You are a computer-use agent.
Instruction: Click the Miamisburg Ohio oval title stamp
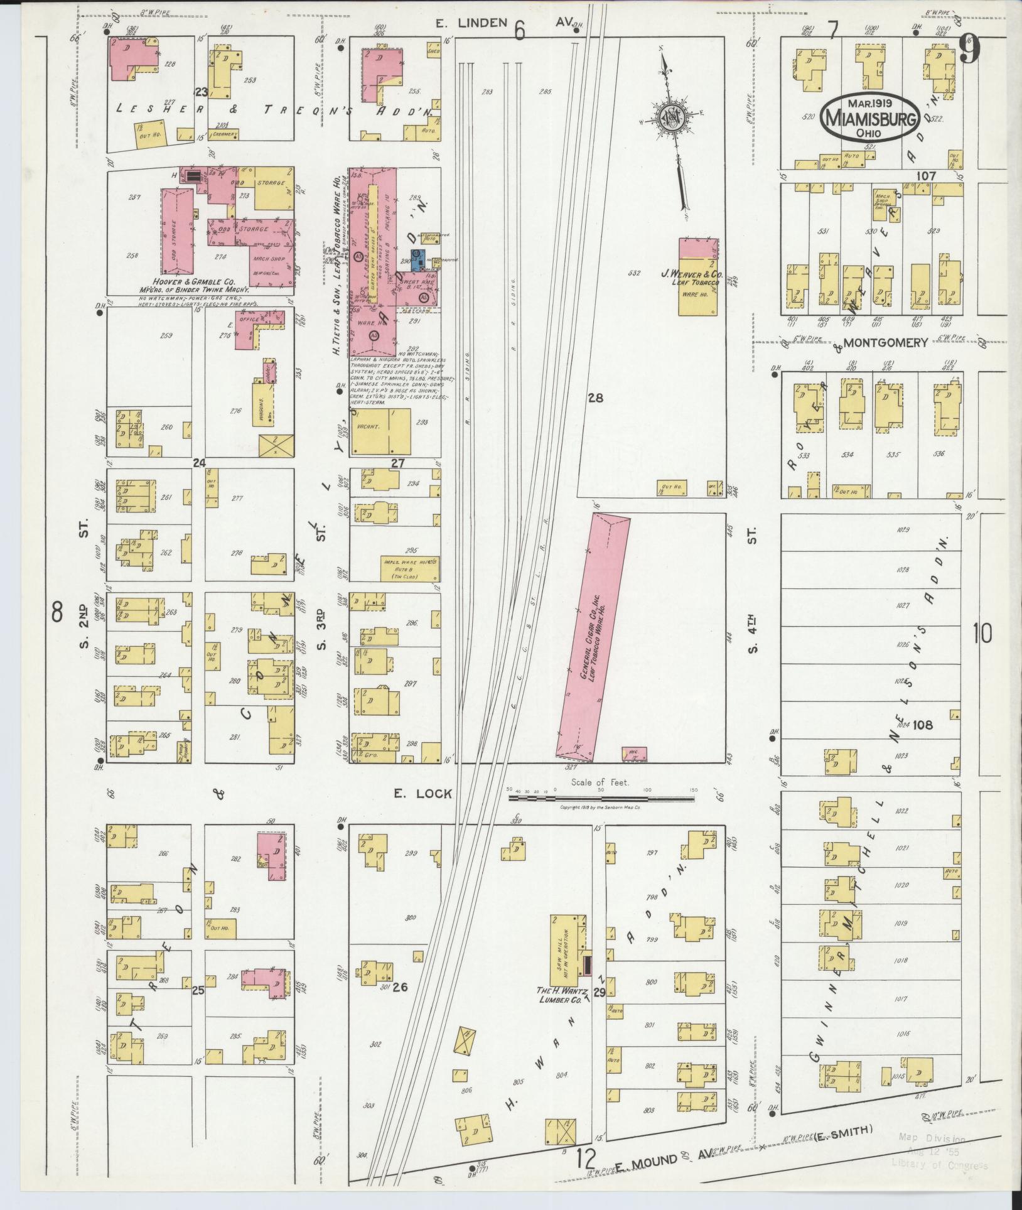[869, 118]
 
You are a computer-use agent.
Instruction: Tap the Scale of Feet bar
[601, 799]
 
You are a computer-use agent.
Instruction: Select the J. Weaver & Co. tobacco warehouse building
[697, 278]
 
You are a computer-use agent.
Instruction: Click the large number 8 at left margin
[57, 610]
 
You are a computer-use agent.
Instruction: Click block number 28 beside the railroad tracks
[595, 397]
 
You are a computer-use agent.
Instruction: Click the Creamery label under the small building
[224, 134]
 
